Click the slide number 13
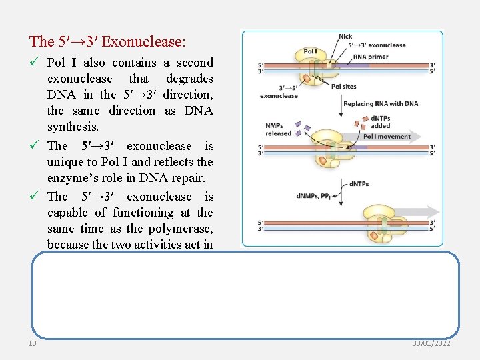click(32, 343)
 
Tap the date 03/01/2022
click(431, 343)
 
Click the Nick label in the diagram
click(345, 37)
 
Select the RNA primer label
click(370, 57)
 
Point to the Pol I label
click(310, 51)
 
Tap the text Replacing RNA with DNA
click(380, 103)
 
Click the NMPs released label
click(278, 129)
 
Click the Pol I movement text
click(387, 136)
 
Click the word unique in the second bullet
click(64, 162)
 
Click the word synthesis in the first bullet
click(71, 127)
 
